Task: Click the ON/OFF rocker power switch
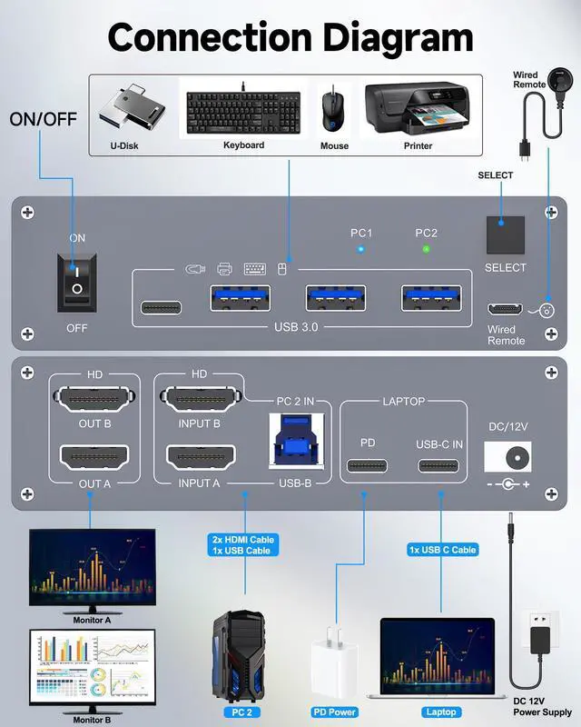(77, 281)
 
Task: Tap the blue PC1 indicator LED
(361, 248)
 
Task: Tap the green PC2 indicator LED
(426, 248)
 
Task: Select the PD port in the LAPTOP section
(367, 466)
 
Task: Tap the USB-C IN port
(438, 466)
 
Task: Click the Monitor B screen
(92, 659)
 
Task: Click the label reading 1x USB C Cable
(441, 550)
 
